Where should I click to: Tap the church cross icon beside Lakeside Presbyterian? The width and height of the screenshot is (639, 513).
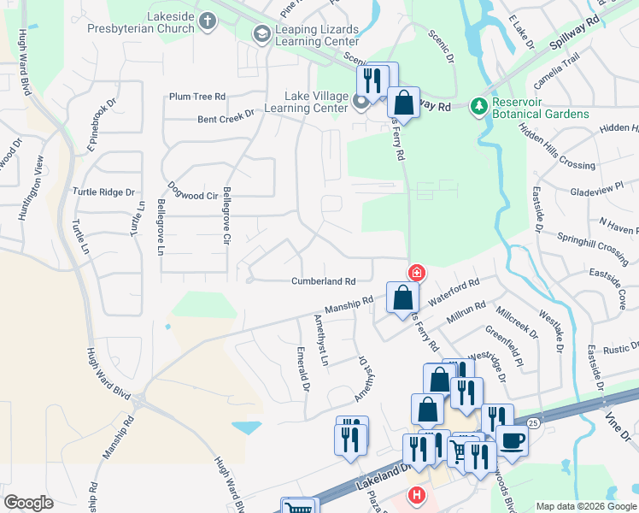(207, 20)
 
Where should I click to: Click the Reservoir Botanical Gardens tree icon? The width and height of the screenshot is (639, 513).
(478, 107)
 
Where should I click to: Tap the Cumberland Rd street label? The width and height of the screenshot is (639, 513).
(323, 280)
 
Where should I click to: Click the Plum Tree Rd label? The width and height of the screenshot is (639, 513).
(196, 97)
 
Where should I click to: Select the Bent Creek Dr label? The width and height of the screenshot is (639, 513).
(226, 115)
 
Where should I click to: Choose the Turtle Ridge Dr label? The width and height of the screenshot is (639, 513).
(104, 192)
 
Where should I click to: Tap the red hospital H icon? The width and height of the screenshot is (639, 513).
(417, 494)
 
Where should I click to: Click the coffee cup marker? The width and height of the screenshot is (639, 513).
(512, 440)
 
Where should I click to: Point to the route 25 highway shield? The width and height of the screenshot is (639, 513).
(533, 422)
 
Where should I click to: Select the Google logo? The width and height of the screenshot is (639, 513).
(29, 503)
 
